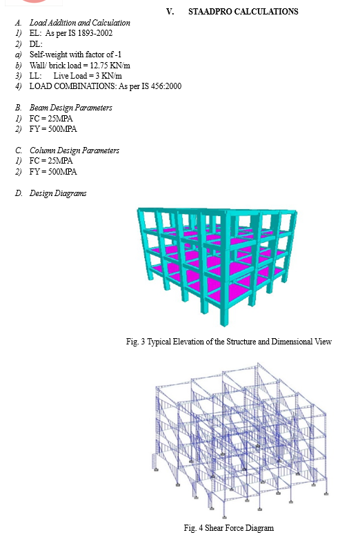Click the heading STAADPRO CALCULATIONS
243,12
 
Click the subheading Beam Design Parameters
71,108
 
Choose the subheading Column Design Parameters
74,150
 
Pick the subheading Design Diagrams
58,193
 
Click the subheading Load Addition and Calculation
80,23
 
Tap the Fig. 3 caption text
228,342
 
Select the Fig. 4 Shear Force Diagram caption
228,528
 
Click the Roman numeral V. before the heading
170,12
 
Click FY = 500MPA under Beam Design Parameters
53,129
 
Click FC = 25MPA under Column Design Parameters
51,161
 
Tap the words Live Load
70,76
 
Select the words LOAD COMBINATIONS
72,86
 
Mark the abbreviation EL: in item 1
35,33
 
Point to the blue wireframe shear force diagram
239,440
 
